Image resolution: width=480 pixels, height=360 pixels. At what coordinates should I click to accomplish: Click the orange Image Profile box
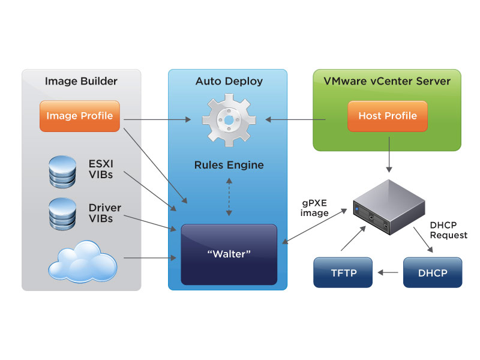(80, 116)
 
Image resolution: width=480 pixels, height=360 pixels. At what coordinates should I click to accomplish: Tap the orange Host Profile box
(388, 116)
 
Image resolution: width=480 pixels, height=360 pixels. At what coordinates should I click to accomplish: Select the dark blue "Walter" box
(229, 254)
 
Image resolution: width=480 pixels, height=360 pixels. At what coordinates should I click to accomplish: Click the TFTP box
(343, 272)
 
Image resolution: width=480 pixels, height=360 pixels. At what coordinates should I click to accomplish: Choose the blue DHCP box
(433, 272)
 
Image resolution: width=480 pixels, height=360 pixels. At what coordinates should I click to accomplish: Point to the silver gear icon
(229, 120)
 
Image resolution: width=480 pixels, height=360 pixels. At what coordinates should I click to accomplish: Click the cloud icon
(83, 262)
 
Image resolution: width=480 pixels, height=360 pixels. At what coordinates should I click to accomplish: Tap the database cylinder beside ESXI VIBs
(62, 172)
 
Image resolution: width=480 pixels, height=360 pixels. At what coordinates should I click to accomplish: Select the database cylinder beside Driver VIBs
(62, 214)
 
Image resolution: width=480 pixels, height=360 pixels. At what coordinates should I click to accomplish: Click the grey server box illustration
(389, 207)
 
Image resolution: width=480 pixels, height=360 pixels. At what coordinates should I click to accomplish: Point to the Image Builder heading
(81, 81)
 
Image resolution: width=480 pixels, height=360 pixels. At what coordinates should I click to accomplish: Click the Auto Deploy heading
(229, 81)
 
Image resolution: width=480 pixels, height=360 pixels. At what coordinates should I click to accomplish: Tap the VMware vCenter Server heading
(387, 81)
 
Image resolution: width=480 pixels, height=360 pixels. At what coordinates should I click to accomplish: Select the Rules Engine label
(229, 165)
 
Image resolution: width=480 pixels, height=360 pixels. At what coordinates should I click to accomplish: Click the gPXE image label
(314, 208)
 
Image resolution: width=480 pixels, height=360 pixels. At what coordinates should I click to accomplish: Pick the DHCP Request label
(448, 230)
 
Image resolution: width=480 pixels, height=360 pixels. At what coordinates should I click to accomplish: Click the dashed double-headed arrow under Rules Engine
(229, 197)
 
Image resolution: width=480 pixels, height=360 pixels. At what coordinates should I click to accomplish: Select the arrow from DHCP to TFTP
(388, 272)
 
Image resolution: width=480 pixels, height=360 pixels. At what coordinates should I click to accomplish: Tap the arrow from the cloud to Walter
(149, 258)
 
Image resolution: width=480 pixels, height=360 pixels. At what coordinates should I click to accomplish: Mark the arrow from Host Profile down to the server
(389, 155)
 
